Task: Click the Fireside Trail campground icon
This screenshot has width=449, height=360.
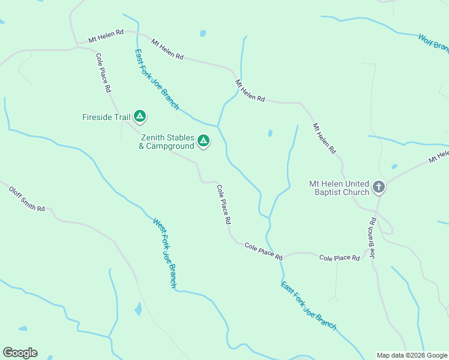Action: point(140,116)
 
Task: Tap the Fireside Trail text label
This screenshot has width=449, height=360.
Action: point(106,117)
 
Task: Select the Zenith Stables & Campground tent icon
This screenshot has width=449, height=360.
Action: point(203,141)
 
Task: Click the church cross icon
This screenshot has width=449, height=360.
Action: point(378,187)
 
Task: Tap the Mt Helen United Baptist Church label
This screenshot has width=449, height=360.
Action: point(339,188)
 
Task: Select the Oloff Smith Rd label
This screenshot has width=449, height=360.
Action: point(27,199)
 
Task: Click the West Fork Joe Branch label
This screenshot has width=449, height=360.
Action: point(164,253)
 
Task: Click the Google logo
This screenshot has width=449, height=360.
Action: point(20,353)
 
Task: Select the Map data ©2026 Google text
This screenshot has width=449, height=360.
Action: point(412,355)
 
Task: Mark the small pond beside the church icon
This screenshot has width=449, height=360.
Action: point(394,166)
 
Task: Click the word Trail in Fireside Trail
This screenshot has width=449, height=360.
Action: point(122,117)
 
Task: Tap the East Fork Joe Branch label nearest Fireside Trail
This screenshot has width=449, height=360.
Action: point(157,79)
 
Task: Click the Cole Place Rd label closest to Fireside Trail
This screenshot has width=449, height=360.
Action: point(103,73)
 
